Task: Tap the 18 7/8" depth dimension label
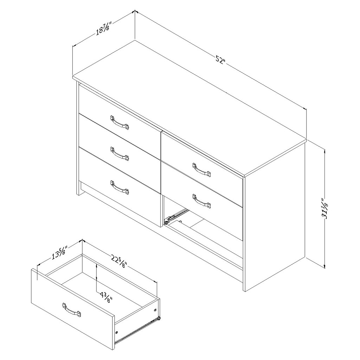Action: (x=104, y=28)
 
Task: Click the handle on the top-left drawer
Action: (x=120, y=122)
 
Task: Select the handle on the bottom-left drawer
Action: (x=120, y=186)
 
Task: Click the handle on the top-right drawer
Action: (x=201, y=169)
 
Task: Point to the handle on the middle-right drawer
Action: (x=201, y=201)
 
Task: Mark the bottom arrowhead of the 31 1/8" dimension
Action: (x=324, y=266)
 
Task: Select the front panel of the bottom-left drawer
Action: (x=120, y=186)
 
